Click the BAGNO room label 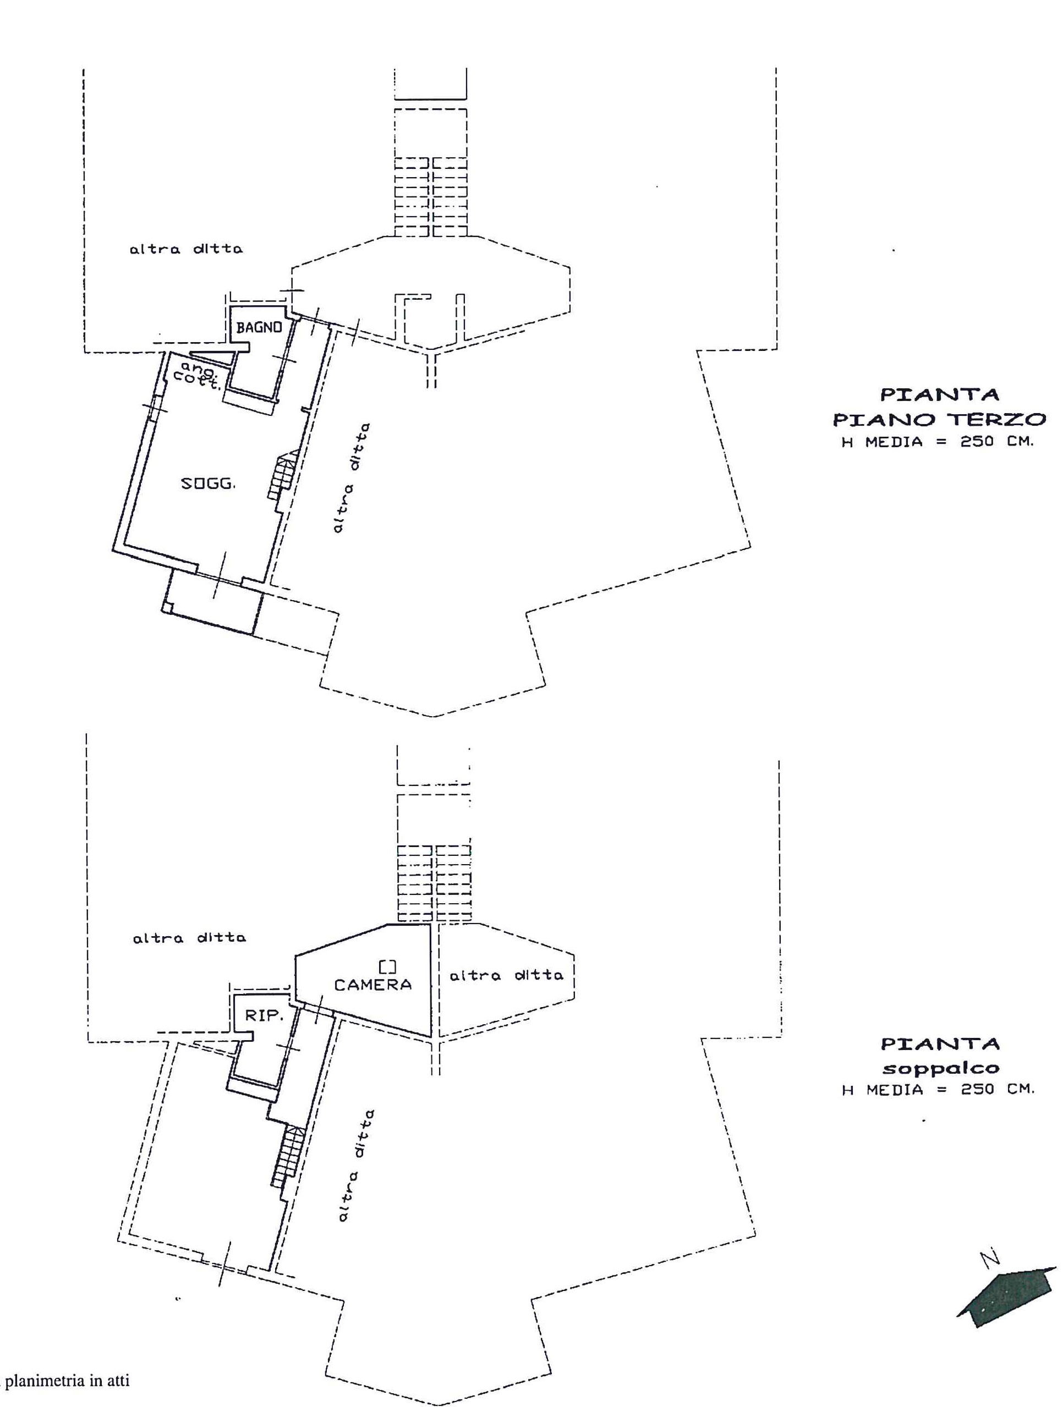259,328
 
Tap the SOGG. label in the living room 208,483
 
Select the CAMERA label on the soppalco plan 373,985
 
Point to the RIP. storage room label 264,1016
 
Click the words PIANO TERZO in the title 940,419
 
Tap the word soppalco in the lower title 940,1069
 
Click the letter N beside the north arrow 990,1257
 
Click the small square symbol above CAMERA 387,967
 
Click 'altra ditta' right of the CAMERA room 506,975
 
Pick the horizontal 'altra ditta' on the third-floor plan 186,249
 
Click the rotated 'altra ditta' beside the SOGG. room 351,477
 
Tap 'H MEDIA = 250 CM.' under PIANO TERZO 938,442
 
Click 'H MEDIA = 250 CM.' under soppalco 938,1090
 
